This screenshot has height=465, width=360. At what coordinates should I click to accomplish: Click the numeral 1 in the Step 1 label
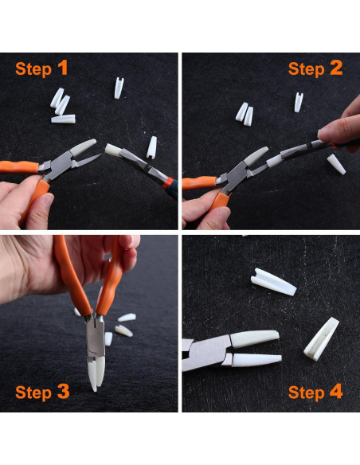pyautogui.click(x=63, y=68)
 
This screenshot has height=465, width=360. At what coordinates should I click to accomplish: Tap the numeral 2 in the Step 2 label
pyautogui.click(x=336, y=68)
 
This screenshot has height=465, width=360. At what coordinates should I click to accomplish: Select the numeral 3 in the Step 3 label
pyautogui.click(x=63, y=392)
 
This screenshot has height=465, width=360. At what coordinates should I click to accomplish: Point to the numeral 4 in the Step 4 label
pyautogui.click(x=336, y=392)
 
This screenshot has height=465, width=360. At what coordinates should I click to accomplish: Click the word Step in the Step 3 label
pyautogui.click(x=33, y=393)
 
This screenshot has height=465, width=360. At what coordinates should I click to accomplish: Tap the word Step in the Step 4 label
pyautogui.click(x=306, y=393)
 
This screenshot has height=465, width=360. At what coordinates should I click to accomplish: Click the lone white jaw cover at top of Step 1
pyautogui.click(x=119, y=88)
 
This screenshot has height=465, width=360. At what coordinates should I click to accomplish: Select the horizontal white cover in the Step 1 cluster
pyautogui.click(x=63, y=119)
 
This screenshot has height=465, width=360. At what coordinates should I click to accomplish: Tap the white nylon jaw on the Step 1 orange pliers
pyautogui.click(x=84, y=147)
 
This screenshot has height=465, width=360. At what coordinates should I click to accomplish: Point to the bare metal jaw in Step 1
pyautogui.click(x=87, y=160)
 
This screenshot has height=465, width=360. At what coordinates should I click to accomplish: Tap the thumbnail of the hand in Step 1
pyautogui.click(x=48, y=199)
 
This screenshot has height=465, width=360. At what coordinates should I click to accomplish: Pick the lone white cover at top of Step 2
pyautogui.click(x=299, y=102)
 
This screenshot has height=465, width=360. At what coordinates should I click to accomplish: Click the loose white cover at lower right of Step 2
pyautogui.click(x=336, y=164)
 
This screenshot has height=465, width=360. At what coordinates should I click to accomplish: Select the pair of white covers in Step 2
pyautogui.click(x=245, y=114)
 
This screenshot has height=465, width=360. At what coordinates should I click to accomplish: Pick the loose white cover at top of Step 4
pyautogui.click(x=273, y=282)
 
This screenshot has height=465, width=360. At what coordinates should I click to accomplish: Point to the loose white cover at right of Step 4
pyautogui.click(x=322, y=339)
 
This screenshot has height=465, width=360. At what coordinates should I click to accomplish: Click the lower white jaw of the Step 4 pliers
pyautogui.click(x=256, y=360)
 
